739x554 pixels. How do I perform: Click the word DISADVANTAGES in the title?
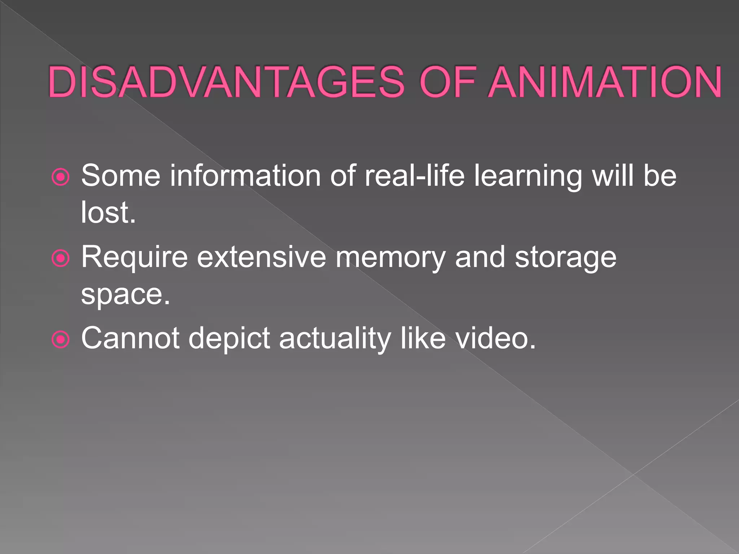pyautogui.click(x=226, y=82)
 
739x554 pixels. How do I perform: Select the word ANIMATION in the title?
pyautogui.click(x=605, y=82)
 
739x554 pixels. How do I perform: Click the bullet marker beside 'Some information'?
pyautogui.click(x=60, y=177)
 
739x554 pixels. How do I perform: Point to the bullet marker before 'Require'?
pyautogui.click(x=60, y=258)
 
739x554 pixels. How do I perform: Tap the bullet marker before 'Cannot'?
pyautogui.click(x=60, y=339)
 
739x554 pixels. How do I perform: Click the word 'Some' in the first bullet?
pyautogui.click(x=121, y=176)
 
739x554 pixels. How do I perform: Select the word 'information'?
pyautogui.click(x=245, y=176)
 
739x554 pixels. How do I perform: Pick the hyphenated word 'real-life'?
pyautogui.click(x=415, y=176)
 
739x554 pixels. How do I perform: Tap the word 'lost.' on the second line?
pyautogui.click(x=108, y=212)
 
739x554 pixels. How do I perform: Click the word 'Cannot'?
pyautogui.click(x=130, y=338)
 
